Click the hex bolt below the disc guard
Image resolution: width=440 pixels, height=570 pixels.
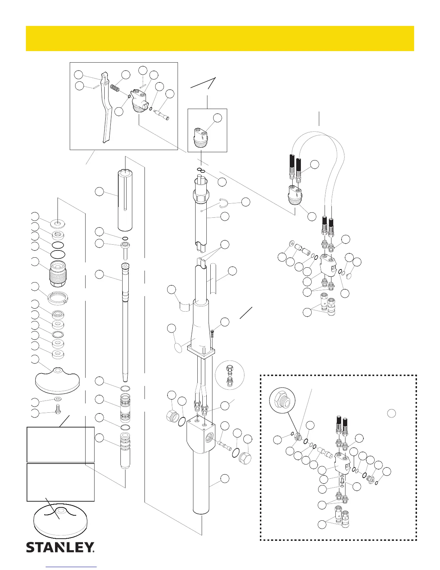point(58,409)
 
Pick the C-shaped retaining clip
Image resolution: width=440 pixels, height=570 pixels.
point(223,204)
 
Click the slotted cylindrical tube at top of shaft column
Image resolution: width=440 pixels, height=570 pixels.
point(125,202)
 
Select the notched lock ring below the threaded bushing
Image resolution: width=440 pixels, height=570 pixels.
point(58,298)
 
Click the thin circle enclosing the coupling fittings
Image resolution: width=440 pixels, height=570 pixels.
point(229,375)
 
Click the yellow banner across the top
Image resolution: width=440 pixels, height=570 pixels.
point(220,38)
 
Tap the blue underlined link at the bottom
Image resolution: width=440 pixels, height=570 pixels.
point(71,567)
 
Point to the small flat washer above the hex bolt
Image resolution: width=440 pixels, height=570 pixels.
point(58,399)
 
